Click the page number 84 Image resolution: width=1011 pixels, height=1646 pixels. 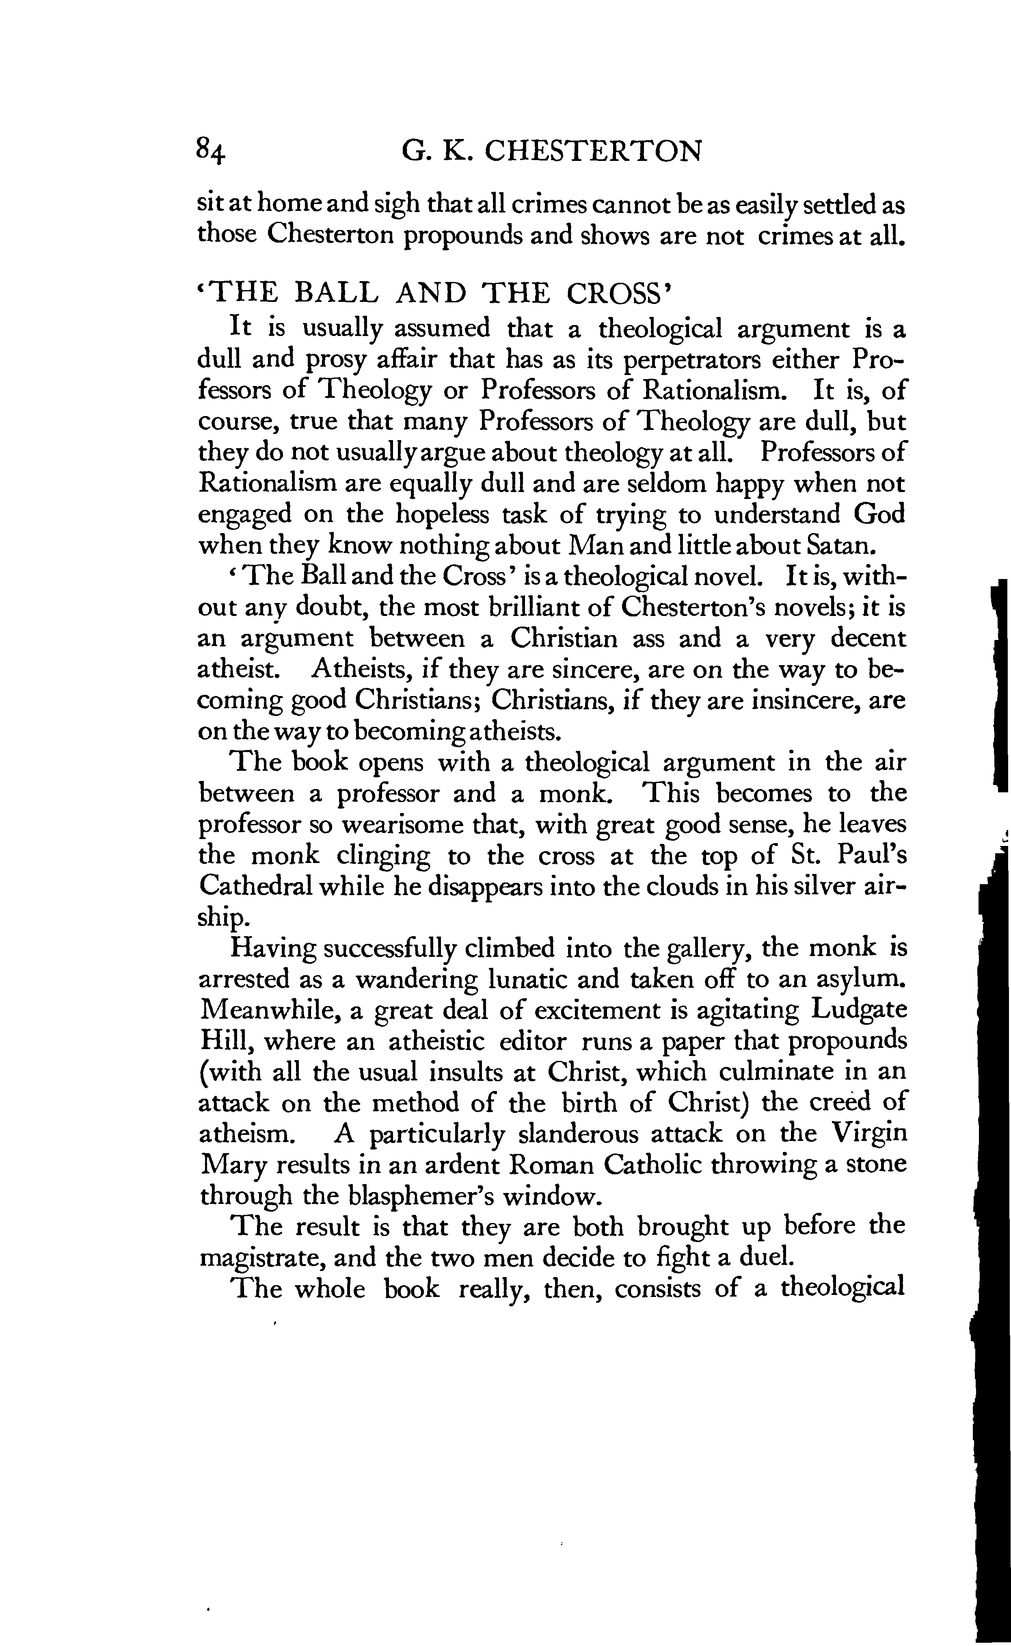211,151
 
